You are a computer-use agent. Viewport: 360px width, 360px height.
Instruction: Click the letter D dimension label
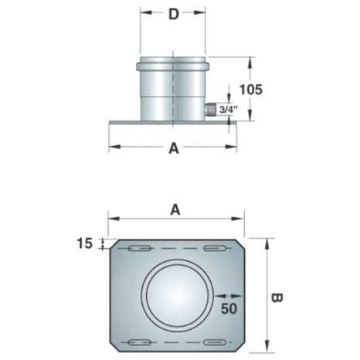174,15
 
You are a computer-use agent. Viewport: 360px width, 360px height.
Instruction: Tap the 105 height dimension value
251,90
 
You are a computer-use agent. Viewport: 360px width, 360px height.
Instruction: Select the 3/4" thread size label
228,110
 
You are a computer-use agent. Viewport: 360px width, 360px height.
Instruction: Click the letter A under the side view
174,148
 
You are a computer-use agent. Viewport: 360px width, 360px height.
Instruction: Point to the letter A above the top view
175,209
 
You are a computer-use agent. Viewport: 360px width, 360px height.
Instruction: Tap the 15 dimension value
84,243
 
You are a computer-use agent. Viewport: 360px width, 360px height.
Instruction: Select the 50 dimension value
229,308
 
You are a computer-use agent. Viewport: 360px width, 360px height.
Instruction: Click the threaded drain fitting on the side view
210,110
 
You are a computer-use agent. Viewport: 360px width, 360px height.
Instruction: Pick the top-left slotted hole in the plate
139,249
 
